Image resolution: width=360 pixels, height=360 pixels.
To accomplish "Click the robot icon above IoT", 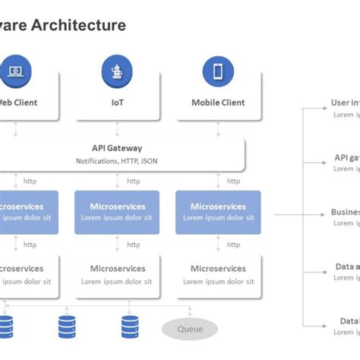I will tap(117, 71).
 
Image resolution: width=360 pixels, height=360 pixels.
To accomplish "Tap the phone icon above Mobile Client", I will tap(218, 71).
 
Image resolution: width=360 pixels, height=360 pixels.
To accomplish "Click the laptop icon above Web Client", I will tap(16, 71).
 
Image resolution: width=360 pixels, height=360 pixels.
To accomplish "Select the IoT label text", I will tap(117, 103).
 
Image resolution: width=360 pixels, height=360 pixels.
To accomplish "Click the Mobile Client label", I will tap(218, 103).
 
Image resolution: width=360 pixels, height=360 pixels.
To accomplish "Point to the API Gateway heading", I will tap(117, 149).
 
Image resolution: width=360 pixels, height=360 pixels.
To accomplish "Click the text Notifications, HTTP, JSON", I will tap(117, 161).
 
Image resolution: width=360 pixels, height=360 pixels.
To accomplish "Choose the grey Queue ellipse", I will tap(189, 329).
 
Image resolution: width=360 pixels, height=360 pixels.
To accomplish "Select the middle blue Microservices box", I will tap(117, 212).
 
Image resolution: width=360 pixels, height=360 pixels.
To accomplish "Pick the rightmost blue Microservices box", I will tap(218, 212).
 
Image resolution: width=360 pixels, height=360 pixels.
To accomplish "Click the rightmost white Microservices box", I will tap(218, 274).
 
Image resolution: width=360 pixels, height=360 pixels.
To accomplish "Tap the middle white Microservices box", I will tap(117, 274).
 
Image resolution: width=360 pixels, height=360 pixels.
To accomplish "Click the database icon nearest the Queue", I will tap(131, 327).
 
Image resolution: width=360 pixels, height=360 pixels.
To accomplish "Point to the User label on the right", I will tap(346, 103).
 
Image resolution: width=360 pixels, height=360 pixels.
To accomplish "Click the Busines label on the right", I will tap(346, 213).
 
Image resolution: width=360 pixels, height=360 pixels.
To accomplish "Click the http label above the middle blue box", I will tap(134, 182).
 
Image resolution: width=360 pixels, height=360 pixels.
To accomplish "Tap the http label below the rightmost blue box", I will tap(234, 245).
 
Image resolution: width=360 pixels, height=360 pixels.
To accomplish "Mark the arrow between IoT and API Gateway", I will tap(117, 129).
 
